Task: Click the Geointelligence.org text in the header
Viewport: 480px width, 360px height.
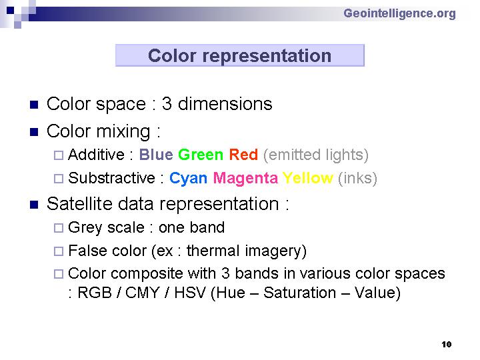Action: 399,14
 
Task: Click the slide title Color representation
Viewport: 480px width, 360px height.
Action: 240,56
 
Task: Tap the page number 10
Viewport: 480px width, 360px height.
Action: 446,345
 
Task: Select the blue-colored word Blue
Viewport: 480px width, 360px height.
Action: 156,155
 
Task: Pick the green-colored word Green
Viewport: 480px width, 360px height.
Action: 201,155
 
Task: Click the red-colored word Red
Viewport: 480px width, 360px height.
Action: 244,155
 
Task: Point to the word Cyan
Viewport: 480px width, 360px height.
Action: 188,178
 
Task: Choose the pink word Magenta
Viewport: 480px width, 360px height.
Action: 245,178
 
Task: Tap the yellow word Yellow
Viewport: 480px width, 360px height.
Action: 307,177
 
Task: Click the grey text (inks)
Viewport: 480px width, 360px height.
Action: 357,178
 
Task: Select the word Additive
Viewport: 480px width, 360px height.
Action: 96,154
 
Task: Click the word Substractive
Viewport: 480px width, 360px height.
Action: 112,178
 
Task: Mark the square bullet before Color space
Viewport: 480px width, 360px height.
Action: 34,105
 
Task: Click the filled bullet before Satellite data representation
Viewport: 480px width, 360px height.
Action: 34,205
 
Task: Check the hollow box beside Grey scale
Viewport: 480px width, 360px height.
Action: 59,228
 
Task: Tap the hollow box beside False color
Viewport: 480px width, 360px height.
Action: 59,251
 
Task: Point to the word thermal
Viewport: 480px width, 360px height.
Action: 213,251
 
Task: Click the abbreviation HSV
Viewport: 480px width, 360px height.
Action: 189,293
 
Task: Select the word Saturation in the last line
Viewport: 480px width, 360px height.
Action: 300,293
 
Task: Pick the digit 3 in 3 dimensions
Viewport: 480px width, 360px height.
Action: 167,104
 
